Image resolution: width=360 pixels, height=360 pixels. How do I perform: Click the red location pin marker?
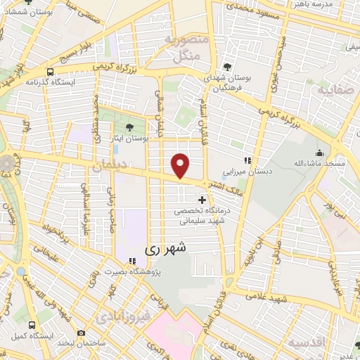click(181, 165)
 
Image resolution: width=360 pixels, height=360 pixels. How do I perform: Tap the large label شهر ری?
click(168, 248)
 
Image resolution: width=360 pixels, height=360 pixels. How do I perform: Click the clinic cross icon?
click(202, 200)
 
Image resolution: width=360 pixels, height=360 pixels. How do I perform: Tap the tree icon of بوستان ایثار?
click(129, 127)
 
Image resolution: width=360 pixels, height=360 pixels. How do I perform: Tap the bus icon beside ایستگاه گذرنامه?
click(50, 71)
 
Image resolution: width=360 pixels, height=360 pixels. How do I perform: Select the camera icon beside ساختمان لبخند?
click(82, 333)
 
